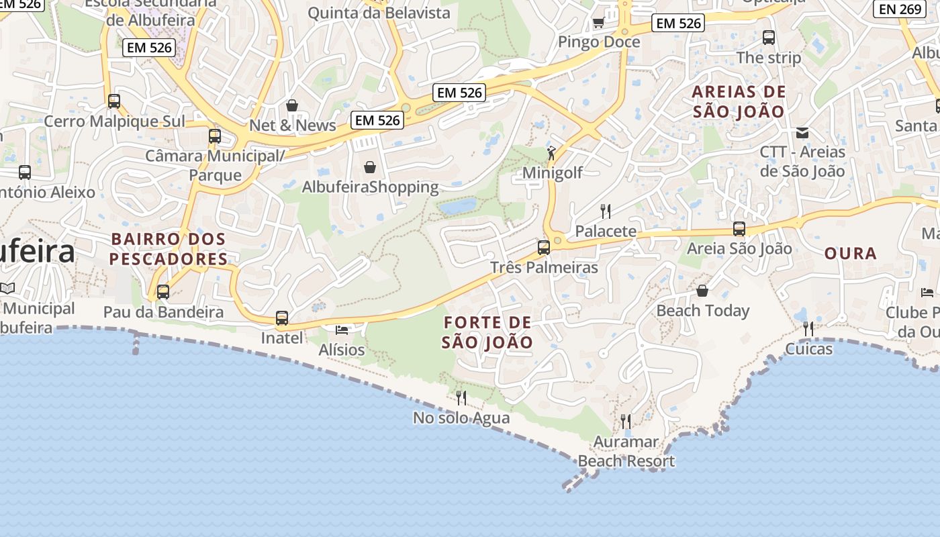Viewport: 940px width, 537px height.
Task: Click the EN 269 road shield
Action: click(900, 9)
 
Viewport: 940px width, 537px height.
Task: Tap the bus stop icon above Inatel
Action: click(282, 318)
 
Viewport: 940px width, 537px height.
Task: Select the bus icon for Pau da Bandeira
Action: click(163, 292)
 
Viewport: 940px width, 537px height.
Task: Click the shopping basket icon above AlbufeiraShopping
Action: click(369, 166)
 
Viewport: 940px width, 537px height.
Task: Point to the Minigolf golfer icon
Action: click(551, 153)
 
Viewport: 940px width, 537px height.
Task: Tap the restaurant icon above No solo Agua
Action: click(461, 398)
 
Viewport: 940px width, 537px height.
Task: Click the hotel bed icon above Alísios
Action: click(342, 330)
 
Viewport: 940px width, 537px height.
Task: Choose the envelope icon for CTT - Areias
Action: click(802, 132)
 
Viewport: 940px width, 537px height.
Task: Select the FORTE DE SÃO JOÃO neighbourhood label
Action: click(488, 332)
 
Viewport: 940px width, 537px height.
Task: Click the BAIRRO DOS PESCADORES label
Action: click(169, 249)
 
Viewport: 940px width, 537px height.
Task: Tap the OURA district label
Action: click(850, 254)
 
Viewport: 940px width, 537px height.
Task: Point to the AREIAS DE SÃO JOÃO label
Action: click(739, 102)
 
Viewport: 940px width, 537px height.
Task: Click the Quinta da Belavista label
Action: click(379, 13)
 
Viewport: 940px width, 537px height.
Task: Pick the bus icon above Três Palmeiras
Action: click(544, 247)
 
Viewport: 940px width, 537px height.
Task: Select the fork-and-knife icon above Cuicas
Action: click(808, 329)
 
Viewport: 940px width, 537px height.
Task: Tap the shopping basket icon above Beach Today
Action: click(702, 291)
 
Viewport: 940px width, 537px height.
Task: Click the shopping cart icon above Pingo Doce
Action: click(598, 23)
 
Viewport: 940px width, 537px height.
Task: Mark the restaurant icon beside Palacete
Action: click(606, 211)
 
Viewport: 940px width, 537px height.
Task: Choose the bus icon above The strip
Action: click(769, 38)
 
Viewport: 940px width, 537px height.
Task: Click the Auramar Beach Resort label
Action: click(626, 452)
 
